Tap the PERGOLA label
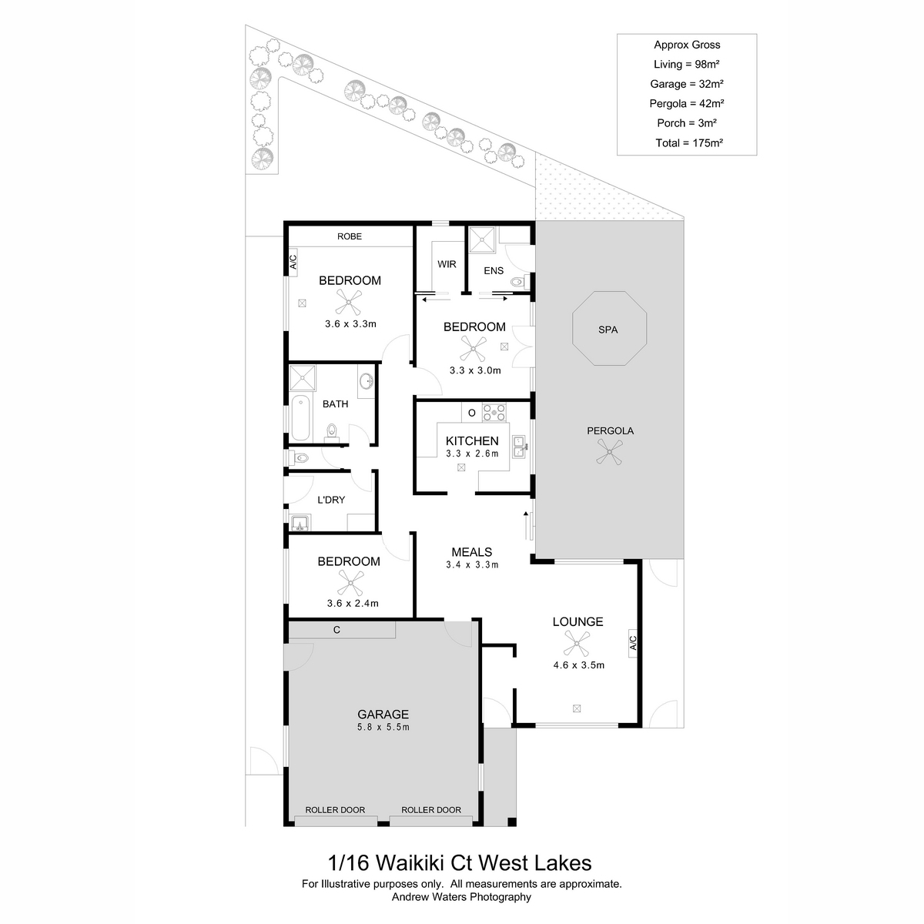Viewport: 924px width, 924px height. (x=610, y=430)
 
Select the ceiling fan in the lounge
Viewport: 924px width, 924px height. (x=577, y=643)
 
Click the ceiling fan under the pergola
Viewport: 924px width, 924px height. (x=609, y=452)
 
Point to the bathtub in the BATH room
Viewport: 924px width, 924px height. (x=300, y=417)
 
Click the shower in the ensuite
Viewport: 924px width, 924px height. (x=481, y=240)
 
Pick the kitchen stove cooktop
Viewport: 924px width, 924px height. (x=494, y=413)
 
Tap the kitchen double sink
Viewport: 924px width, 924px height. (x=518, y=447)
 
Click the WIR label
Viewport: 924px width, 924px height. (x=447, y=264)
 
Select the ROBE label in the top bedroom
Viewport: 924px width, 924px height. (x=349, y=236)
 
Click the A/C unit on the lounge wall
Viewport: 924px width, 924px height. (x=632, y=643)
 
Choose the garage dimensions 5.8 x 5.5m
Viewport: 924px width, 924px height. (x=383, y=727)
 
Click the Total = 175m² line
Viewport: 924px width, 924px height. (x=689, y=142)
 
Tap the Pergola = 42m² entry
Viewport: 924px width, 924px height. (x=687, y=103)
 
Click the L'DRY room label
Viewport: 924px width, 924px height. (x=331, y=500)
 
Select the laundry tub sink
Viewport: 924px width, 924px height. (x=300, y=522)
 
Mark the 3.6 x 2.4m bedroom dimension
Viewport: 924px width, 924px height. (x=353, y=603)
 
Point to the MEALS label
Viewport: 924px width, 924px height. (x=471, y=552)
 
